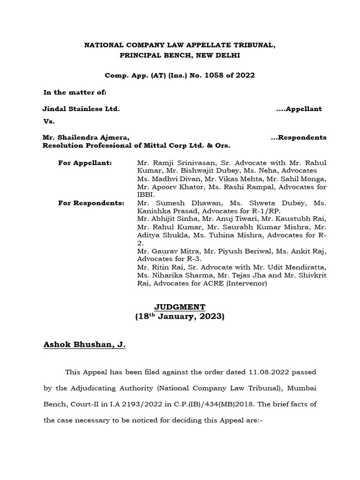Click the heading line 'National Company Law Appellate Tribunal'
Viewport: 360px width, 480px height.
coord(180,45)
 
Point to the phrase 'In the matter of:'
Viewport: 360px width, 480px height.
coord(75,93)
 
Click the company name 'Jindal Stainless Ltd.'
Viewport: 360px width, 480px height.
coord(81,109)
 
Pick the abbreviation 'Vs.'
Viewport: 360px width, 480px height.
coord(49,121)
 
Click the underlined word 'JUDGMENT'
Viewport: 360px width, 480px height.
coord(180,307)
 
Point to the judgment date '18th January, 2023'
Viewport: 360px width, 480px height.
coord(180,317)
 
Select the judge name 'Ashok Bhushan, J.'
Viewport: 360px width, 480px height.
coord(84,345)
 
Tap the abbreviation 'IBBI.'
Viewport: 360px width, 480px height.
coord(146,195)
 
